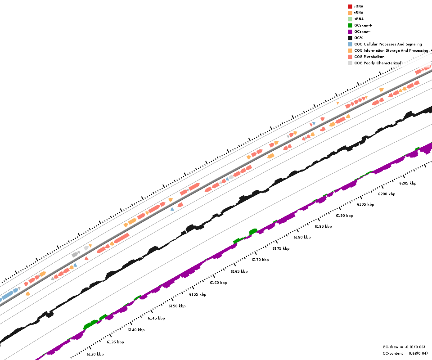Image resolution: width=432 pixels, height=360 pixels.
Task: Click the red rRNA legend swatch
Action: (350, 6)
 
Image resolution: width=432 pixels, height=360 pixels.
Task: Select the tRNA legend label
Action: (359, 13)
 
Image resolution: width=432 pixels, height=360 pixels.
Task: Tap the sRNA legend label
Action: (359, 19)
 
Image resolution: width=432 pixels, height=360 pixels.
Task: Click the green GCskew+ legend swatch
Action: (350, 25)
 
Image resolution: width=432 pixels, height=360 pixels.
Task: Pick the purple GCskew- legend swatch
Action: (350, 31)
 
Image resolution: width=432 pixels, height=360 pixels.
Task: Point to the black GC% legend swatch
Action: (350, 38)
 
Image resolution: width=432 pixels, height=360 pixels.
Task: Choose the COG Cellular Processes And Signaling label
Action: (388, 44)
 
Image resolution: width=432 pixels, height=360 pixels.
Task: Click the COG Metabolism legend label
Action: (369, 57)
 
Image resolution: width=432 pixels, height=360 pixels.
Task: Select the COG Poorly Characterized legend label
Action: (378, 63)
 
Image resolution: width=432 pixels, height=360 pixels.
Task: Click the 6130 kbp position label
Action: (95, 354)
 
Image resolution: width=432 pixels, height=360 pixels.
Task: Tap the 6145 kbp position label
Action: (156, 318)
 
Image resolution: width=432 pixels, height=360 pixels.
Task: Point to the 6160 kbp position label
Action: (218, 283)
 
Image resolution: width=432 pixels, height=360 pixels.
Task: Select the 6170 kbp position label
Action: (260, 260)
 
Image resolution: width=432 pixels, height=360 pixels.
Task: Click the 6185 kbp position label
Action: (323, 226)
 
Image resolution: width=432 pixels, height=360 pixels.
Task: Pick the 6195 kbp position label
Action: (365, 204)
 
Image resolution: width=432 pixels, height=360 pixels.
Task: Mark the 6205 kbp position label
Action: (408, 183)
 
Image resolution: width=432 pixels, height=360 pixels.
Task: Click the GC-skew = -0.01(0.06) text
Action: (404, 347)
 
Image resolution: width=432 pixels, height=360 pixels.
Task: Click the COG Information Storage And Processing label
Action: (391, 50)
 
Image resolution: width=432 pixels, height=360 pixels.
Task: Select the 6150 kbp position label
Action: (177, 306)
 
